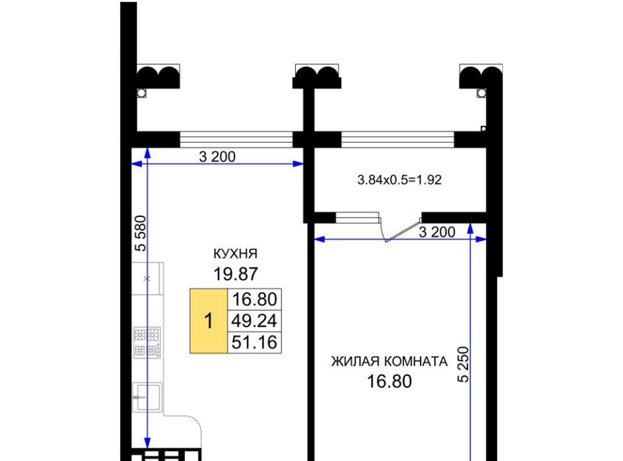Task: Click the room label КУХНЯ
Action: point(236,253)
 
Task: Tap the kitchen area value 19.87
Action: point(236,274)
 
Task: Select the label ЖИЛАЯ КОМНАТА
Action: point(389,362)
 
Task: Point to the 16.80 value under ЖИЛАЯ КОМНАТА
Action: point(389,382)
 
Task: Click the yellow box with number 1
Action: point(208,321)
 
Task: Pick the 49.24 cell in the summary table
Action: point(254,321)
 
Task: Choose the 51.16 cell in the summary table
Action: point(254,342)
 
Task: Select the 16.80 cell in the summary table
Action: point(254,299)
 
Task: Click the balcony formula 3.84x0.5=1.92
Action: point(399,180)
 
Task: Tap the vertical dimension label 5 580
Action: point(141,233)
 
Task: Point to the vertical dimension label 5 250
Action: point(463,365)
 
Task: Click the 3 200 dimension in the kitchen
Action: point(217,156)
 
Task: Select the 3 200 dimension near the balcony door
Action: point(437,232)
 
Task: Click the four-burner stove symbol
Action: point(147,343)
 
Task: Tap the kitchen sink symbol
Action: point(147,397)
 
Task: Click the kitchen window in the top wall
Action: point(236,140)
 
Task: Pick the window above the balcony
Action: point(397,140)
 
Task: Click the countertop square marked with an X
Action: point(147,279)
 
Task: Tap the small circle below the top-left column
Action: point(141,93)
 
